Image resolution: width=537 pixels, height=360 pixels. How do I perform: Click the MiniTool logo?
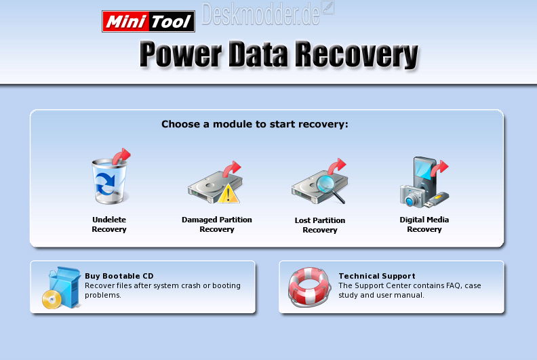coord(148,21)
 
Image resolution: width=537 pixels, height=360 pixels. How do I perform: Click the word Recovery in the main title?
coord(357,55)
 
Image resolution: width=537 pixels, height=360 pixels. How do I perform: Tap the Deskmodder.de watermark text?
coord(261,14)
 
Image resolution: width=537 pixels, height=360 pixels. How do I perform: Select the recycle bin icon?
coord(109,181)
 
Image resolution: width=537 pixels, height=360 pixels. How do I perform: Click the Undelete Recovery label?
coord(109,224)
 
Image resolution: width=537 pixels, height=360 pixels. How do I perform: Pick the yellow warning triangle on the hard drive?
coord(228,194)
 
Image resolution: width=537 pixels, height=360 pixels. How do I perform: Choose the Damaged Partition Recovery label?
coord(217,224)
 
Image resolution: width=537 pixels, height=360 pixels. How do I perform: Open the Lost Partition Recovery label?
coord(320,225)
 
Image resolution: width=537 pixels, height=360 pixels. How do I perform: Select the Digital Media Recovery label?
coord(424,224)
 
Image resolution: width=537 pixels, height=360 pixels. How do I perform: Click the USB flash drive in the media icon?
coord(436,201)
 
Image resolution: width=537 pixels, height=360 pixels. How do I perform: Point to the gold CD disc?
coord(52,300)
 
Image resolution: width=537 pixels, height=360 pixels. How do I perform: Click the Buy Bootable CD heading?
coord(119,276)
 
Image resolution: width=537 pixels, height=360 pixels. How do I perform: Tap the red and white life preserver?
coord(309,286)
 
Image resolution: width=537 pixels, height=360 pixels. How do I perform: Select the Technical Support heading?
coord(377,276)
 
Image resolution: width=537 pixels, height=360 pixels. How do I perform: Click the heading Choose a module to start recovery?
coord(255,124)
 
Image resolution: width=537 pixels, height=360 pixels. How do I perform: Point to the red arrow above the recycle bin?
coord(121,156)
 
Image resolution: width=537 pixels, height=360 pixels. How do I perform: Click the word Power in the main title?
coord(180,55)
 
